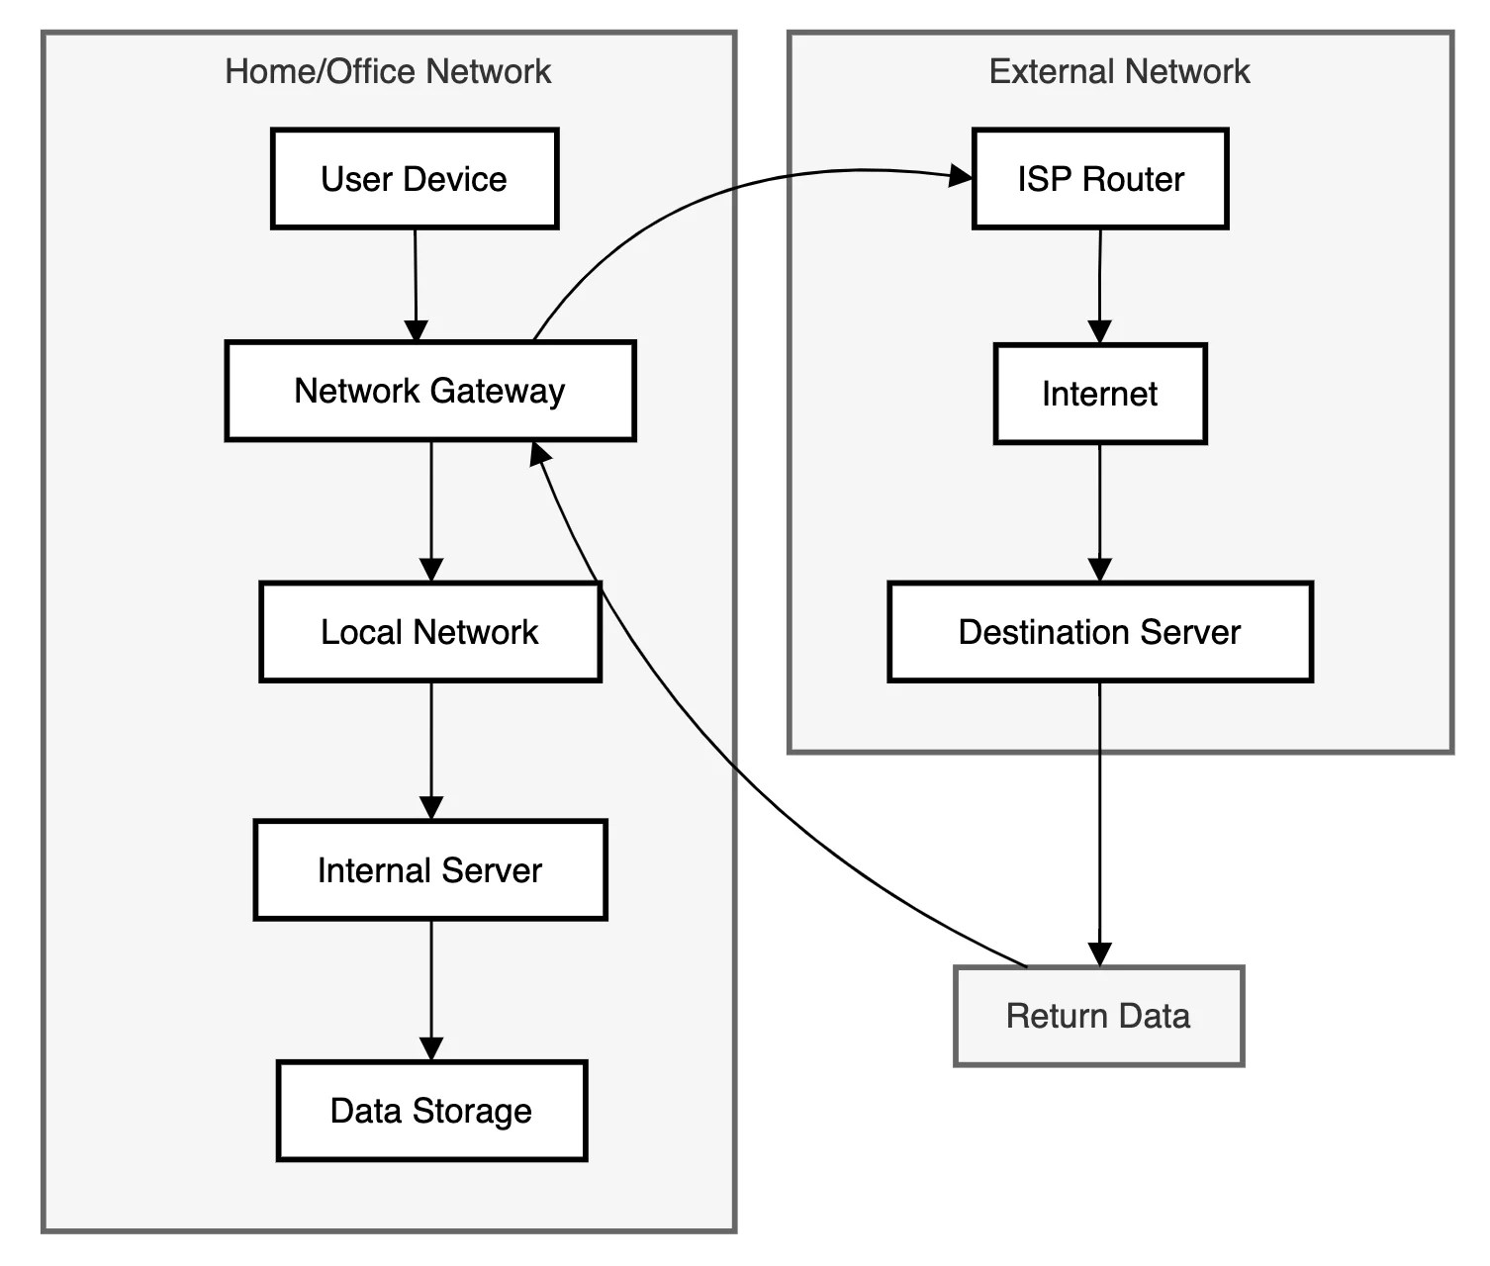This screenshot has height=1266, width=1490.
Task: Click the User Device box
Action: (x=415, y=179)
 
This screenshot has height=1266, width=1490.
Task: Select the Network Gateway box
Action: (x=429, y=392)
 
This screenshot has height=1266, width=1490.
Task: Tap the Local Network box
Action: (x=429, y=632)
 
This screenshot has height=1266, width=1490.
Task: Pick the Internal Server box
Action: (x=429, y=870)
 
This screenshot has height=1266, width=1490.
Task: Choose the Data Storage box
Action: (x=431, y=1111)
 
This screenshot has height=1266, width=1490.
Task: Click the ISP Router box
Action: (x=1100, y=179)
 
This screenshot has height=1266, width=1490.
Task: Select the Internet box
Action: (x=1099, y=394)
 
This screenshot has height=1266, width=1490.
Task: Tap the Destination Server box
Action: (x=1099, y=632)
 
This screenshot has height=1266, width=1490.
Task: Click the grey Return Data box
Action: (x=1098, y=1016)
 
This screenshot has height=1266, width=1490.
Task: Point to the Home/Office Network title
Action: (x=388, y=71)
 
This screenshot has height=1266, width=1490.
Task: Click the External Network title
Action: (x=1119, y=71)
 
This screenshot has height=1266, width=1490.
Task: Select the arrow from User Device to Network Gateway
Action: (x=416, y=282)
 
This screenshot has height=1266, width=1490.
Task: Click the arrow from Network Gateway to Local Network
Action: (x=431, y=509)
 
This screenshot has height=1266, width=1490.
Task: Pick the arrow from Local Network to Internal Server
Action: (x=431, y=750)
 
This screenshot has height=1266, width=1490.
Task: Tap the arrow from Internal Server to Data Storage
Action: (x=431, y=989)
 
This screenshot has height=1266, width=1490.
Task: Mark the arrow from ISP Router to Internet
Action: (x=1100, y=285)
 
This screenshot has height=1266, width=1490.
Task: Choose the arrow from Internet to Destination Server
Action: (x=1100, y=511)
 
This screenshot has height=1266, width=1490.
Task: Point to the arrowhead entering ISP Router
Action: (x=961, y=177)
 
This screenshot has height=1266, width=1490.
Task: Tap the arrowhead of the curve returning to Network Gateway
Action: (x=539, y=454)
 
